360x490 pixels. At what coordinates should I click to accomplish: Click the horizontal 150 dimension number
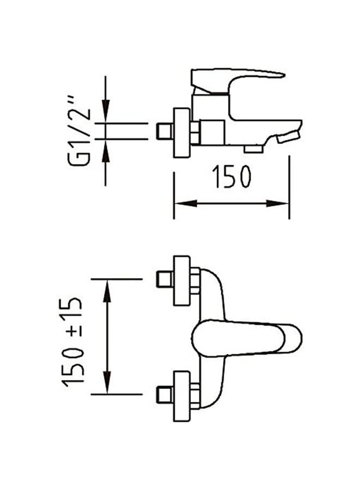[x=232, y=176]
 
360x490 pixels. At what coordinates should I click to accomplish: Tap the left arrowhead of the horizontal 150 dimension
[x=185, y=204]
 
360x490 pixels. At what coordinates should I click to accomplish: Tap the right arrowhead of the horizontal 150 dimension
[x=277, y=204]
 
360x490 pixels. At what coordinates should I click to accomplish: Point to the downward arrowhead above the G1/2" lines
[x=105, y=110]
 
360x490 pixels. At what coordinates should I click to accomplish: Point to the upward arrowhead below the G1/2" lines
[x=105, y=151]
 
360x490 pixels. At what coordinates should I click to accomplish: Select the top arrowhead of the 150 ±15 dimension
[x=107, y=291]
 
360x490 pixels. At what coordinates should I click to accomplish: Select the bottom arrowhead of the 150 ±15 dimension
[x=107, y=382]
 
